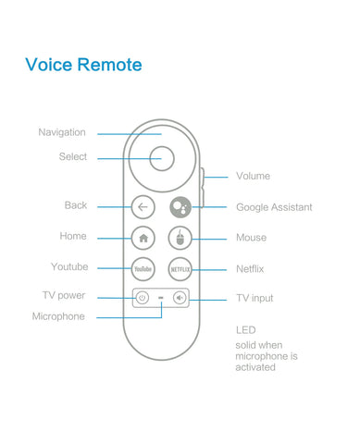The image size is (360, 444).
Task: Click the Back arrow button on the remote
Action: (143, 207)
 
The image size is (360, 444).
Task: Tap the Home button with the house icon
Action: (143, 238)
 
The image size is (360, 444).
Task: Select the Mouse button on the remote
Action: (180, 238)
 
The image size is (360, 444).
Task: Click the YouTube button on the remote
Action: (143, 268)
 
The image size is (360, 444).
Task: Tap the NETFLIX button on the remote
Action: (180, 268)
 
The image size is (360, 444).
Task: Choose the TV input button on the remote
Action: (180, 298)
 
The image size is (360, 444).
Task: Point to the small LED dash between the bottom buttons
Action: (161, 298)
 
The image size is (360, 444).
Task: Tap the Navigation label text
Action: (62, 132)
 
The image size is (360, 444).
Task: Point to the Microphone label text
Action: (58, 316)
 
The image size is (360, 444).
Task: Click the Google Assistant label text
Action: (274, 207)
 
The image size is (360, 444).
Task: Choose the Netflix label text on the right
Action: (251, 268)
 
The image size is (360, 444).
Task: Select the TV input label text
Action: (255, 298)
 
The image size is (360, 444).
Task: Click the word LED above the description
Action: (244, 330)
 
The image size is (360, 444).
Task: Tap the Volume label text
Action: (253, 176)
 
